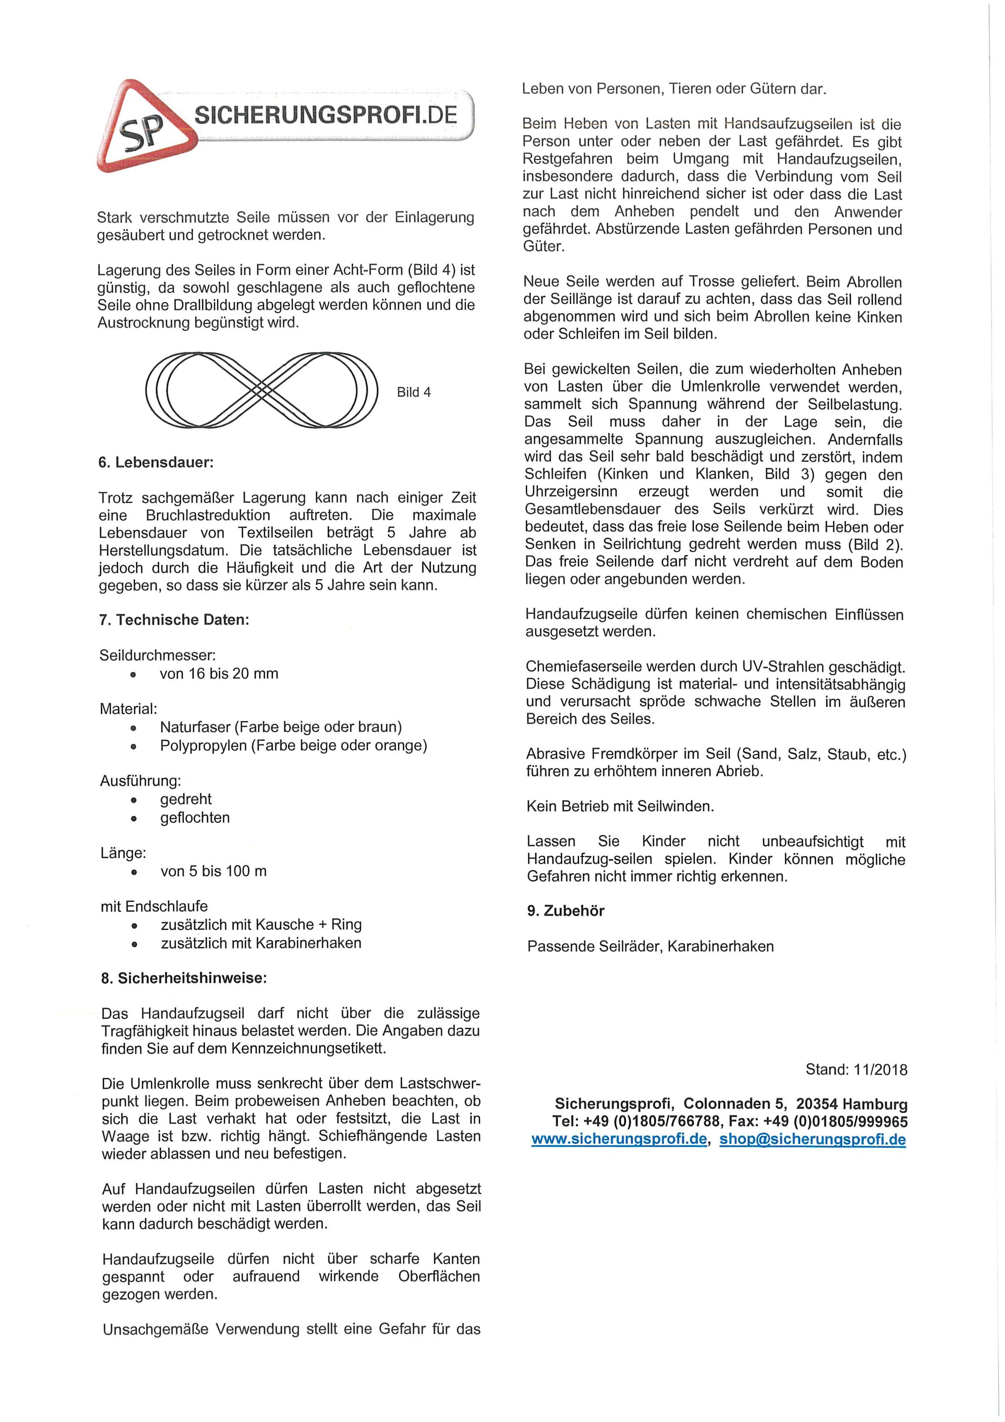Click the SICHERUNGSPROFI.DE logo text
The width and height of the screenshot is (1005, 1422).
[325, 115]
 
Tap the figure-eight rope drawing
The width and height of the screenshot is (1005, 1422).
[261, 390]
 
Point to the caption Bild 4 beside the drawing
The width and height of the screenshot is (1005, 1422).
[414, 392]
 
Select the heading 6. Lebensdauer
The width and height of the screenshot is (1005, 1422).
[156, 462]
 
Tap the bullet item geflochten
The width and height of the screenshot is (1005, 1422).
[195, 818]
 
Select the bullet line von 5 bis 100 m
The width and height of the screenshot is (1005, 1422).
[214, 872]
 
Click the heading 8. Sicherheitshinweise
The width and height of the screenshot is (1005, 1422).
[184, 979]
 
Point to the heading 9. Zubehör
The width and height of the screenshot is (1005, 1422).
[565, 910]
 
